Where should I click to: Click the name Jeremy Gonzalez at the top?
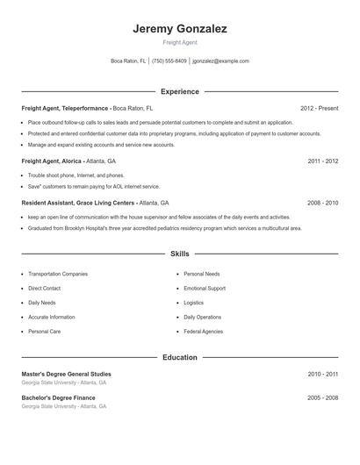coord(180,29)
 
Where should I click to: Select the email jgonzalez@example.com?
coord(220,61)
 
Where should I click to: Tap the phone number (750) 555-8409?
coord(169,61)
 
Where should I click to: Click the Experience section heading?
coord(180,91)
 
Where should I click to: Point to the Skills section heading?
coord(180,254)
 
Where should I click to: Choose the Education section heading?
coord(180,358)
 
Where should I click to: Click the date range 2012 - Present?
coord(319,108)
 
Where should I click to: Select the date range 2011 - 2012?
coord(323,161)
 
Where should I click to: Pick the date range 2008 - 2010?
coord(323,203)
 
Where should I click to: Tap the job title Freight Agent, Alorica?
coord(52,161)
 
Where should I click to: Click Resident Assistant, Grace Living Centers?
coord(79,203)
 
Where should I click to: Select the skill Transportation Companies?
coord(58,274)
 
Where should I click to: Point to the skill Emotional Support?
coord(205,288)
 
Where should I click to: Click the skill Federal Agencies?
coord(204,332)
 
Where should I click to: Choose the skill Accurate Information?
coord(51,317)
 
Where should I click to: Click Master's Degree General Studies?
coord(67,375)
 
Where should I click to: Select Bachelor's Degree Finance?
coord(59,397)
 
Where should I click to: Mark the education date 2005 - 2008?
coord(323,397)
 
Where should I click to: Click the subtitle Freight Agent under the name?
coord(180,43)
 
